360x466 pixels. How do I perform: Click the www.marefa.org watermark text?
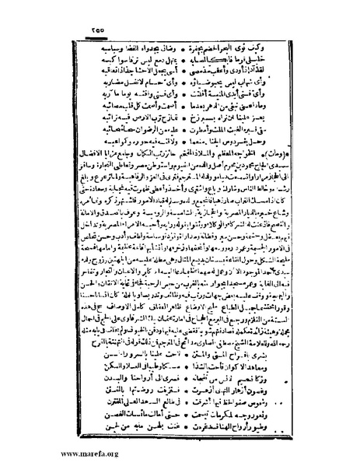[35, 454]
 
